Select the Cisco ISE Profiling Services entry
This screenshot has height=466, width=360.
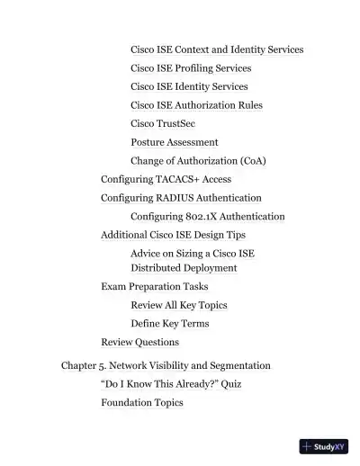pyautogui.click(x=191, y=67)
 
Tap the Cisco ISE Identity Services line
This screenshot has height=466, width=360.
pyautogui.click(x=189, y=86)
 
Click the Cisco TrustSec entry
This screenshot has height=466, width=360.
pyautogui.click(x=163, y=123)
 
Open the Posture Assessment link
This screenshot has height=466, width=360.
pyautogui.click(x=174, y=142)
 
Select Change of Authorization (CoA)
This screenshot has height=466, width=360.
pyautogui.click(x=198, y=161)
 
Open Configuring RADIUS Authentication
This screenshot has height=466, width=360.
pyautogui.click(x=181, y=198)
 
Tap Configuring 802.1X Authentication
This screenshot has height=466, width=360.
pyautogui.click(x=207, y=217)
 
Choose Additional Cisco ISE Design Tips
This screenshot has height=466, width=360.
pyautogui.click(x=173, y=235)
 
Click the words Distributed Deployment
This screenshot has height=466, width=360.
pyautogui.click(x=184, y=267)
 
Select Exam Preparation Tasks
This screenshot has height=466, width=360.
pyautogui.click(x=155, y=286)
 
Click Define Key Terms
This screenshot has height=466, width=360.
pyautogui.click(x=169, y=324)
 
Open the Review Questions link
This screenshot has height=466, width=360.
pyautogui.click(x=139, y=342)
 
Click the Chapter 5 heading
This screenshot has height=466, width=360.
pyautogui.click(x=166, y=366)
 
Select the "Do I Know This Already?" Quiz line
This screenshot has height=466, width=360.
pyautogui.click(x=170, y=384)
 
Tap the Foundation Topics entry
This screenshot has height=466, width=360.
pyautogui.click(x=142, y=403)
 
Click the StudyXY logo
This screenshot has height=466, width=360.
pyautogui.click(x=324, y=445)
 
